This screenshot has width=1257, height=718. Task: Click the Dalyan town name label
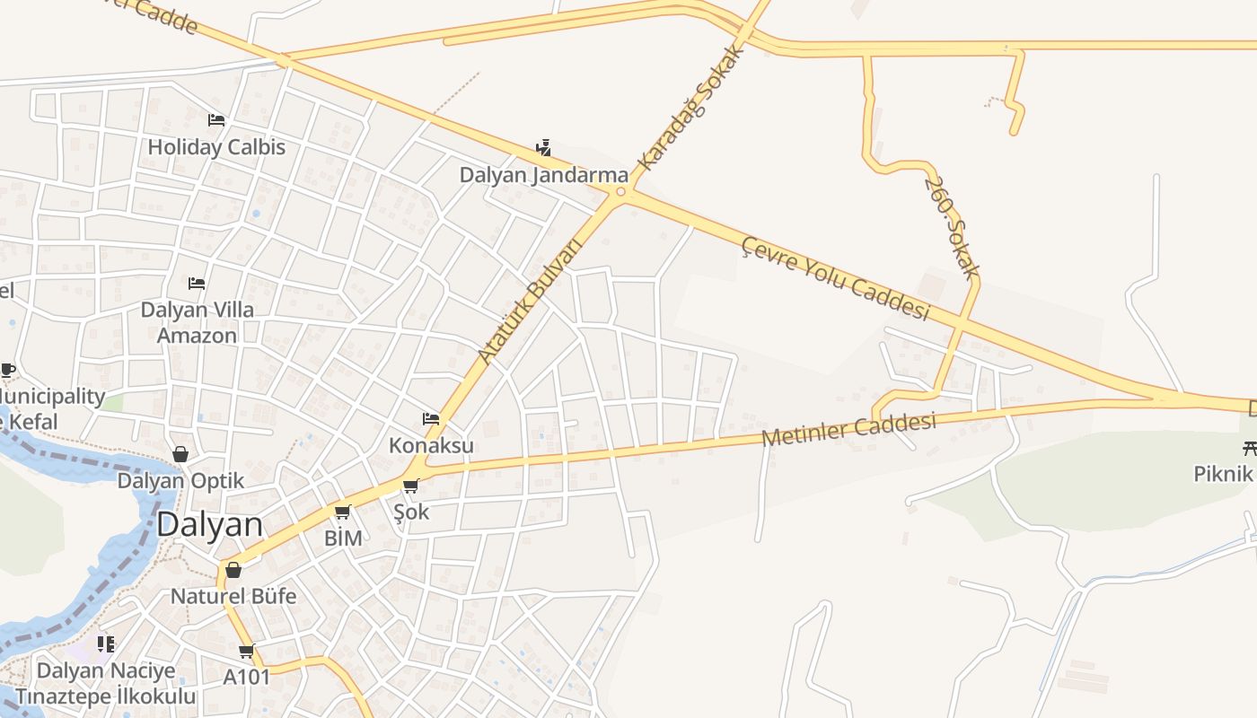pyautogui.click(x=210, y=525)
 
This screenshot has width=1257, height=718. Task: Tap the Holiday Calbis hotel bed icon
pyautogui.click(x=216, y=120)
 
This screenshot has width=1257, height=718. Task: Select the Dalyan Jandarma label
pyautogui.click(x=543, y=174)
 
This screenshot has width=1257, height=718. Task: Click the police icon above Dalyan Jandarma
pyautogui.click(x=543, y=148)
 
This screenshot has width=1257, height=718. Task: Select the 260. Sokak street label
pyautogui.click(x=951, y=226)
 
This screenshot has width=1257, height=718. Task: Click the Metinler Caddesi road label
pyautogui.click(x=848, y=429)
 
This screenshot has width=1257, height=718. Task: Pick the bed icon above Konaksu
pyautogui.click(x=431, y=419)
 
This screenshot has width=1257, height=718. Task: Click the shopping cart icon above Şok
pyautogui.click(x=411, y=486)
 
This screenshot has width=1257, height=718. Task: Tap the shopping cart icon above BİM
pyautogui.click(x=342, y=512)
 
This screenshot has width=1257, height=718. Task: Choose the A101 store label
pyautogui.click(x=247, y=676)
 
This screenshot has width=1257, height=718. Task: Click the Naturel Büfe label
pyautogui.click(x=233, y=595)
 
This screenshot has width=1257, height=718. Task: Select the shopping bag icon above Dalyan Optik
pyautogui.click(x=180, y=454)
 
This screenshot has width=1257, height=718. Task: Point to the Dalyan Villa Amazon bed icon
pyautogui.click(x=197, y=284)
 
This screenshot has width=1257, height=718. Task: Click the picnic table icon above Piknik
pyautogui.click(x=1249, y=448)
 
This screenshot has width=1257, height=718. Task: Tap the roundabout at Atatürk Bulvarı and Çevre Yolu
pyautogui.click(x=620, y=192)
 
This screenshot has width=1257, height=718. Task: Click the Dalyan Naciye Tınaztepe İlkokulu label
pyautogui.click(x=105, y=683)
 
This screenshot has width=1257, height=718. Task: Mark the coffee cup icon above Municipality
pyautogui.click(x=7, y=370)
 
